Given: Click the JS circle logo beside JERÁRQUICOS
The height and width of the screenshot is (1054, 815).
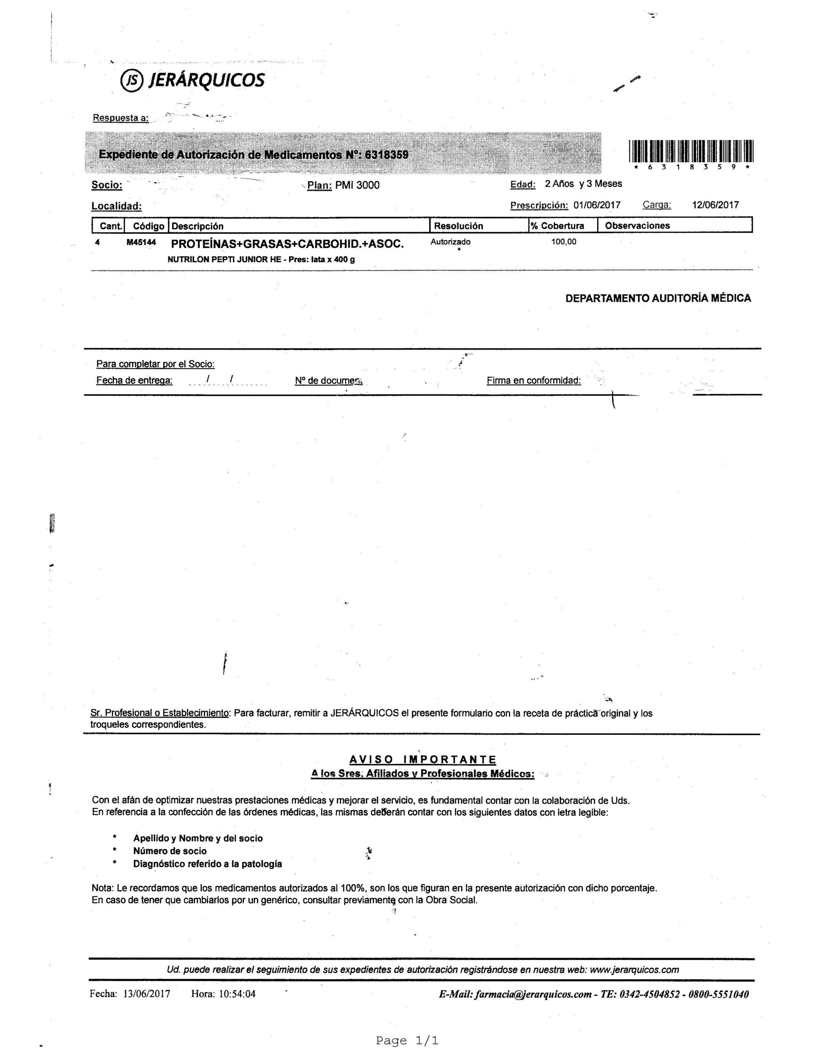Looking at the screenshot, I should [x=132, y=81].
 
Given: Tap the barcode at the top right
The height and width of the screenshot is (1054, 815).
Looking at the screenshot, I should [x=691, y=151].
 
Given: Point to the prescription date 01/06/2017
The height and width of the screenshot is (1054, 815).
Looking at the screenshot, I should [x=597, y=205].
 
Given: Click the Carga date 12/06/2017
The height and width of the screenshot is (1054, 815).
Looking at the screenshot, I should [x=715, y=205].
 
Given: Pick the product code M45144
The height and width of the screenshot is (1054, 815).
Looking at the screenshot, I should [x=141, y=242].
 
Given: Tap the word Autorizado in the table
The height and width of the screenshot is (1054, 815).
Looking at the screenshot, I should [x=450, y=242].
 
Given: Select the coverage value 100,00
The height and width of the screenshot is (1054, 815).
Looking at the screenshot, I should [x=563, y=242].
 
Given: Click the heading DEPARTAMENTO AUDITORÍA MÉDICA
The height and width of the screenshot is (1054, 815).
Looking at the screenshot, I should [x=658, y=298].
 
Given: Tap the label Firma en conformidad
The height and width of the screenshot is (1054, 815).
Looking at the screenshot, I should [x=533, y=380].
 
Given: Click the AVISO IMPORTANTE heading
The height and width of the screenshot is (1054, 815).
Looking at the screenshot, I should [x=423, y=760].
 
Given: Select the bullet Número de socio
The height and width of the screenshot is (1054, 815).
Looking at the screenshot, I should [x=170, y=851].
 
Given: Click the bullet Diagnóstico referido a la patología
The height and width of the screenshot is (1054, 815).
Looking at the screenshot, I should [x=208, y=864].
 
